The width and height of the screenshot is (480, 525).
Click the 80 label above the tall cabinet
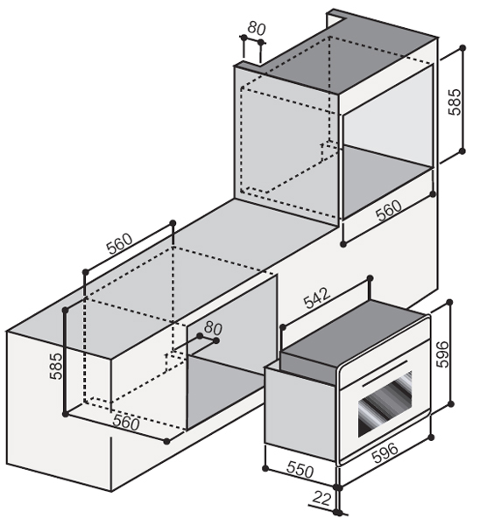coord(257,29)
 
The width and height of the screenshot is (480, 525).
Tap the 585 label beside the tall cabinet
coord(455,102)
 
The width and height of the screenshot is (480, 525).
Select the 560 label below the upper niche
coord(389,210)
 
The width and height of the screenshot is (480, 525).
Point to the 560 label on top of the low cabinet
coord(119,243)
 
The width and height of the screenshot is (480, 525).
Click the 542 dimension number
coord(317,298)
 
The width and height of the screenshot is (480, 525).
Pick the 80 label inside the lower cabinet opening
coord(213,328)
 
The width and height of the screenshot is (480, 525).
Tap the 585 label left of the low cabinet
coord(56,366)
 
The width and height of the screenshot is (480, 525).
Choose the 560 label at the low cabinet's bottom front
coord(126,422)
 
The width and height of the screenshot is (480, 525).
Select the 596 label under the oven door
coord(385,452)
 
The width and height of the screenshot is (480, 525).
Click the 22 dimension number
coord(321,498)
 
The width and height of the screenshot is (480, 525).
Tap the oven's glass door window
coord(385,402)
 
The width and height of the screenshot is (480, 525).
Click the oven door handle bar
coord(385,373)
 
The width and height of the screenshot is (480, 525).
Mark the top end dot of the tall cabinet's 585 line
coord(462,48)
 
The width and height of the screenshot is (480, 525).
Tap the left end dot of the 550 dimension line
coord(265,468)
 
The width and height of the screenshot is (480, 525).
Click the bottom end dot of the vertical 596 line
coord(451,403)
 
